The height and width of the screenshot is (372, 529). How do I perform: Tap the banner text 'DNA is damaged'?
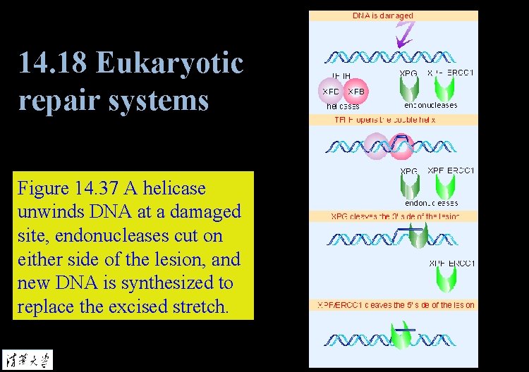(x=383, y=15)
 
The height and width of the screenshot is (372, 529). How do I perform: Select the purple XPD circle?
(x=332, y=92)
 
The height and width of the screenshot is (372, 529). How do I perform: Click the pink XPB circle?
(x=355, y=92)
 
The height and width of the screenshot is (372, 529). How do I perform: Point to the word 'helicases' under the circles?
(x=343, y=106)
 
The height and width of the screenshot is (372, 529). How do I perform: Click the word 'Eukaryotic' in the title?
(x=169, y=64)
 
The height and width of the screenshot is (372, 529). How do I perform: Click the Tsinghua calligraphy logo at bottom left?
(x=27, y=358)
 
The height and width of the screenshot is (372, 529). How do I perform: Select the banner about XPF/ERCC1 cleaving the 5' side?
(x=394, y=305)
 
